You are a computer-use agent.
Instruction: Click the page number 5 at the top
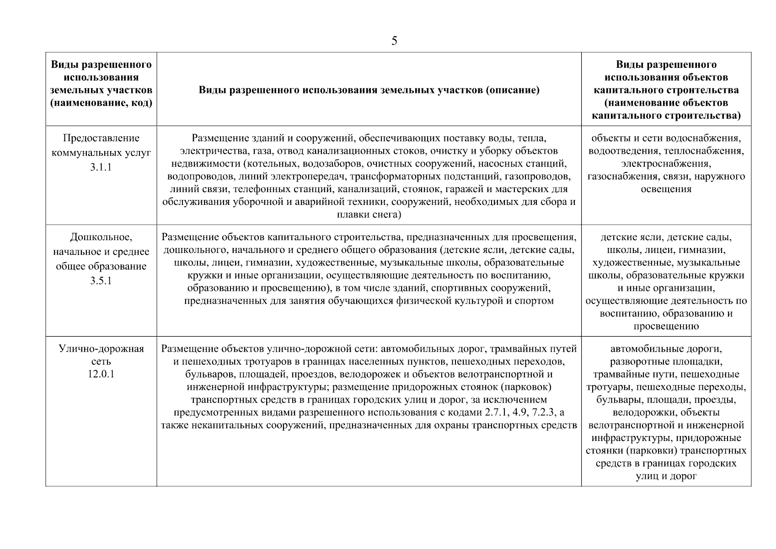(394, 42)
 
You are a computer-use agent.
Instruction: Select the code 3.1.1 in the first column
(101, 167)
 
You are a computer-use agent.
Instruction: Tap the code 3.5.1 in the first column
(101, 280)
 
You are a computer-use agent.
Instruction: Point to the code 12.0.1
(101, 374)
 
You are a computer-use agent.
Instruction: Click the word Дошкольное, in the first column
(101, 237)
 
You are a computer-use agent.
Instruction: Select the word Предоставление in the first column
(101, 138)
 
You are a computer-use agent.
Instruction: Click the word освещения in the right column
(666, 189)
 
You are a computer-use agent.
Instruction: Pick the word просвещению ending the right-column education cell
(666, 326)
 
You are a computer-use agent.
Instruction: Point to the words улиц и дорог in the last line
(666, 476)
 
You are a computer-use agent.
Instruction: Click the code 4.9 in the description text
(520, 413)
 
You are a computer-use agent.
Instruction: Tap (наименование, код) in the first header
(101, 103)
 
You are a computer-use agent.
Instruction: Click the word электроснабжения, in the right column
(666, 163)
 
